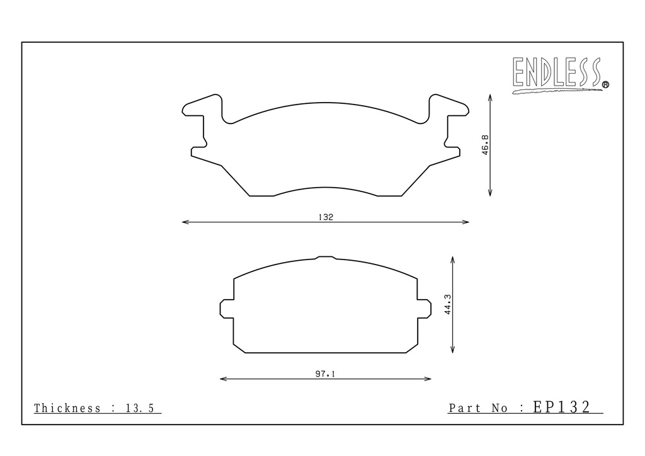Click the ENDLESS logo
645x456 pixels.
(x=560, y=74)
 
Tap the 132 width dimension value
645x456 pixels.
(x=326, y=217)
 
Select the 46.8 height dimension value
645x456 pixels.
(x=485, y=145)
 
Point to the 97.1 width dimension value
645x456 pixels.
(x=326, y=373)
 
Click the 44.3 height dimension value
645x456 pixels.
(x=448, y=304)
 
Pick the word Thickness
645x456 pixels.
(x=67, y=408)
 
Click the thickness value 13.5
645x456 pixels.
(x=139, y=408)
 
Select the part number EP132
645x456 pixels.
(x=561, y=407)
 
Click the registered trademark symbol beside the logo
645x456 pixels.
(x=605, y=84)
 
